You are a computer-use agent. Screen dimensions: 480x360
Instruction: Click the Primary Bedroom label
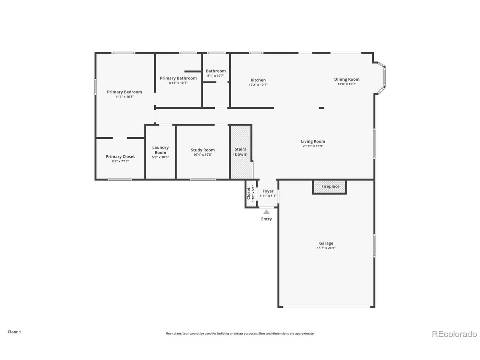pyautogui.click(x=124, y=92)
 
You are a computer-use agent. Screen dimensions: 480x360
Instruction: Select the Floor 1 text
pyautogui.click(x=14, y=332)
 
